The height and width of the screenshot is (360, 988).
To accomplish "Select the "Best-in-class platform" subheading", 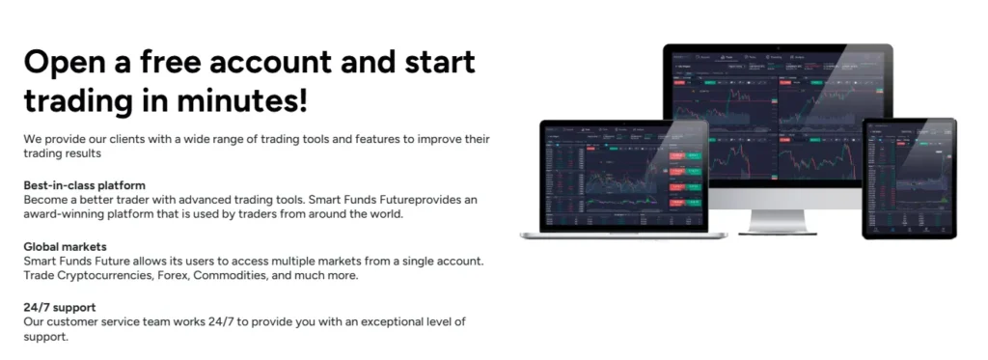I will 85,184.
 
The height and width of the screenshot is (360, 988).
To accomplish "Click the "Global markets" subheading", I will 65,247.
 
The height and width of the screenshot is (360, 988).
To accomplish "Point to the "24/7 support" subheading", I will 60,307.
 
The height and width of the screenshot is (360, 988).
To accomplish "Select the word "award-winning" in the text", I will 65,213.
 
